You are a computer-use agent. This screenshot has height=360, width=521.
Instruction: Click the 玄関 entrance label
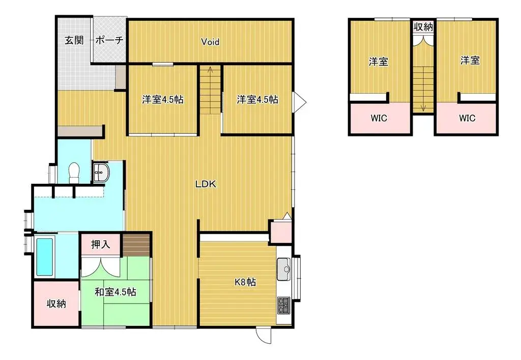(x=74, y=40)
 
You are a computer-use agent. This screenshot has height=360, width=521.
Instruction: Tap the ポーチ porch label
(x=109, y=40)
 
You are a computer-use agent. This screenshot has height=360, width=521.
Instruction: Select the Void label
(x=210, y=42)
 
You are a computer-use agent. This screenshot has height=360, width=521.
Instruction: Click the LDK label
(x=206, y=184)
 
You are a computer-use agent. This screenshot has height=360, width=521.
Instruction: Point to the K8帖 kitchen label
(x=245, y=282)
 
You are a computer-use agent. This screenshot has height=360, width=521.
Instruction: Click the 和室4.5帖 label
(x=115, y=292)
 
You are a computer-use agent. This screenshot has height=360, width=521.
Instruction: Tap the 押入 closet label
(x=100, y=244)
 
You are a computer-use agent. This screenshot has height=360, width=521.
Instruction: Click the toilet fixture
(x=74, y=173)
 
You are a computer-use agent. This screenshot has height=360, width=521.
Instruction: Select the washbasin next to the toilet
(x=101, y=172)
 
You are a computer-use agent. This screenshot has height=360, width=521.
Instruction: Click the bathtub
(x=44, y=256)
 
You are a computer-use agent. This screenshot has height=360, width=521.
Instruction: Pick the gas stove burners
(x=283, y=306)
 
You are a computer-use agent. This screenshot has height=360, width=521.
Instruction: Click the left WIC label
(x=379, y=118)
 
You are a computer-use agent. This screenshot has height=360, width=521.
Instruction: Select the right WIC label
(x=467, y=118)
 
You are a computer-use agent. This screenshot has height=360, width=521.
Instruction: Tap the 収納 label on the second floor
(x=423, y=27)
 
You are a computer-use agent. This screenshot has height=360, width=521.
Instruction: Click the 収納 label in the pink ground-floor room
(x=56, y=303)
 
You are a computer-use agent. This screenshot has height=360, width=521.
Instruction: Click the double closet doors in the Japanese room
(x=100, y=266)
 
